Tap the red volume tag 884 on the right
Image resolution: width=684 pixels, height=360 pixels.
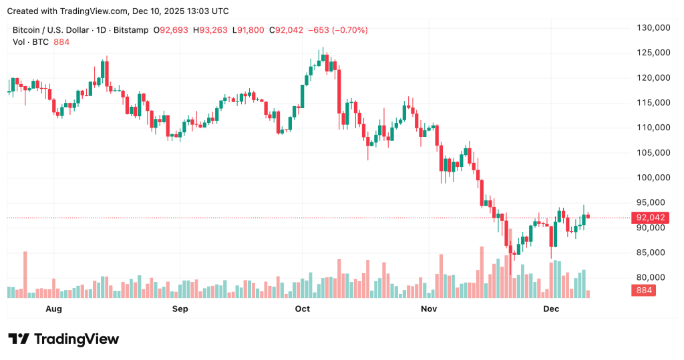tap(645, 291)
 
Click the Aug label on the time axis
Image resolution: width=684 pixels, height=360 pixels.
tap(53, 309)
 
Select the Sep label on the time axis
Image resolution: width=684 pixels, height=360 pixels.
tap(180, 309)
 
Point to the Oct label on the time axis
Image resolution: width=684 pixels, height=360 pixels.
tap(303, 309)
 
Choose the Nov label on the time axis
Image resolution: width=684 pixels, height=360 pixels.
tap(429, 309)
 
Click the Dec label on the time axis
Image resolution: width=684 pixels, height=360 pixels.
tap(551, 309)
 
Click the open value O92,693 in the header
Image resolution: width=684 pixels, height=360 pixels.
tap(172, 30)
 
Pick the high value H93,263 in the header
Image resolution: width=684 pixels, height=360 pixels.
tap(209, 30)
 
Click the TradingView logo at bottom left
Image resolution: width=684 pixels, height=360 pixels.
tap(63, 339)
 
